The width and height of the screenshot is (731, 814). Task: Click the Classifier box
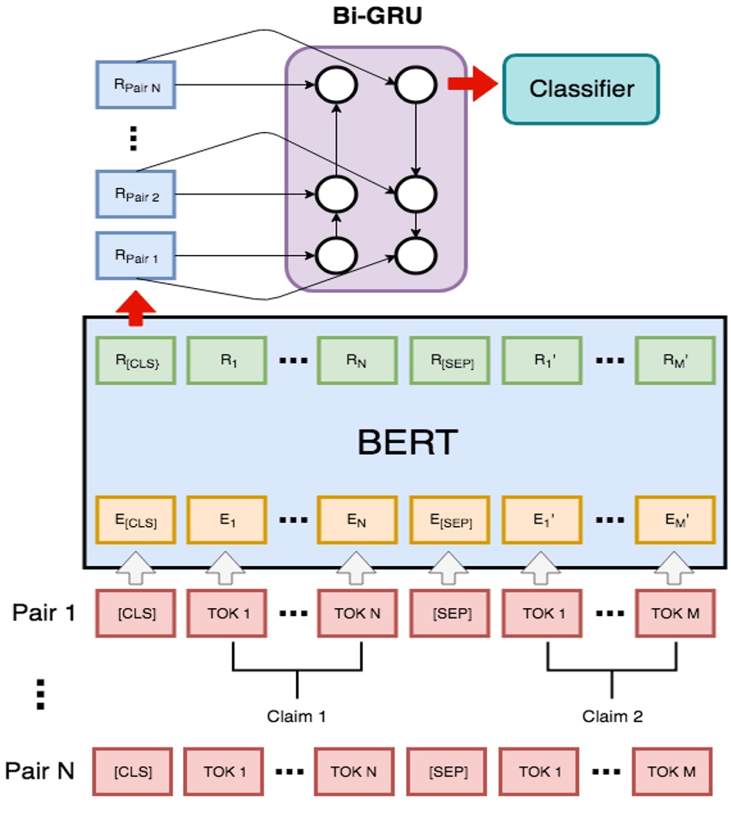[581, 89]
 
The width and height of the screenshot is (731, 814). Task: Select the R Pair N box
[135, 84]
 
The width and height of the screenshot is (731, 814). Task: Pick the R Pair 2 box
[135, 194]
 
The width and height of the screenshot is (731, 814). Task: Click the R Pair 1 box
[135, 256]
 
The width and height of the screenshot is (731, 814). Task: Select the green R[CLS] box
[135, 360]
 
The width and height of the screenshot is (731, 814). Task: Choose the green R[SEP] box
[449, 360]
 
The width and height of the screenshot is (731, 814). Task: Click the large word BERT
[407, 443]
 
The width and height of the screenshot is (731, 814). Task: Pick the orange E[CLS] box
[135, 520]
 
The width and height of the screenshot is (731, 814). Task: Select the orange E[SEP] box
[449, 520]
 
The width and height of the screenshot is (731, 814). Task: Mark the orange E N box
[355, 520]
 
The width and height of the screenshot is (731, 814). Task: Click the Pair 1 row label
[43, 613]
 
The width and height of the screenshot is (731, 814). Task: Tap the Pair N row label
[40, 771]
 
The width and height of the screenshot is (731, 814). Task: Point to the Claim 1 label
[296, 716]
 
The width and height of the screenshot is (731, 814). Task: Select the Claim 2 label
[612, 716]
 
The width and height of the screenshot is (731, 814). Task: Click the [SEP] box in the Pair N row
[448, 771]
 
